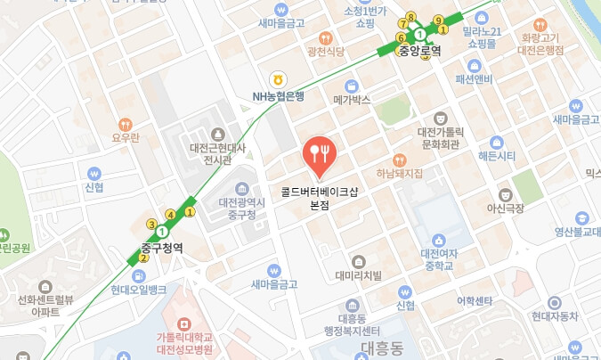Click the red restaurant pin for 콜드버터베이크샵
[x=319, y=154]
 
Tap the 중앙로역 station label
[x=419, y=51]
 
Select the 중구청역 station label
[x=162, y=249]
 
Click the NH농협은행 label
[x=278, y=96]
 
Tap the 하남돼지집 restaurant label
[x=399, y=173]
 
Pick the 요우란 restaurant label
[x=126, y=137]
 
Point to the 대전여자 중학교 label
[x=438, y=259]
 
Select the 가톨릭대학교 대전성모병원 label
[x=184, y=342]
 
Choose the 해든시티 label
[x=497, y=156]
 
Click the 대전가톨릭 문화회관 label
[x=439, y=136]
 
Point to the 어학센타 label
[x=475, y=299]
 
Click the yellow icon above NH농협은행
[x=278, y=80]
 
